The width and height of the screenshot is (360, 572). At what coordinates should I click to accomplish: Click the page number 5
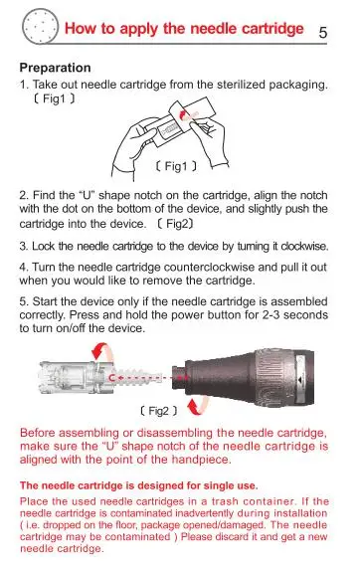pos(323,32)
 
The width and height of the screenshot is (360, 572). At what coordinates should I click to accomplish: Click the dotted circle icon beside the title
pos(40,27)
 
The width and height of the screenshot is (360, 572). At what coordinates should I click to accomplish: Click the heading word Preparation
pos(55,68)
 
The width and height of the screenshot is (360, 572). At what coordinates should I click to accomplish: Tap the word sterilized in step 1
pos(241,85)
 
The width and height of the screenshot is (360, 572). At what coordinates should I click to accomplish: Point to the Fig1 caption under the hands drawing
pos(176,166)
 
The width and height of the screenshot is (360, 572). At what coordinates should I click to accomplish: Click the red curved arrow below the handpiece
pos(198,408)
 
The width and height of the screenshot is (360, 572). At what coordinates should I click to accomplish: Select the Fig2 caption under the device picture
pos(159,411)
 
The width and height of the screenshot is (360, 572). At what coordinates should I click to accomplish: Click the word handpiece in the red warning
pos(201,460)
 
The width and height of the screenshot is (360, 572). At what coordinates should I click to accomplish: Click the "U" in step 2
pos(87,195)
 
